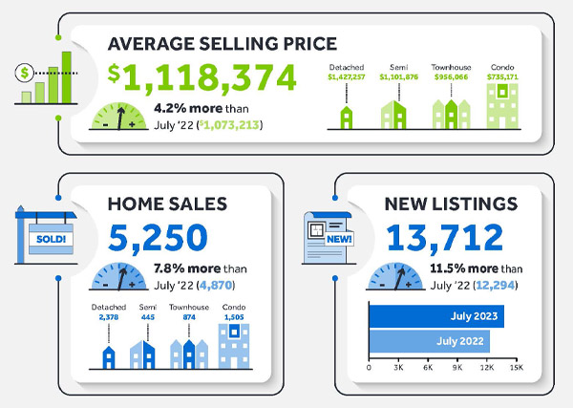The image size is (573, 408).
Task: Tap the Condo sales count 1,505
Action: tap(233, 317)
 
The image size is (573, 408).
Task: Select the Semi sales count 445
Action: tap(146, 317)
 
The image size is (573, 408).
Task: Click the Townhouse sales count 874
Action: tap(190, 317)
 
